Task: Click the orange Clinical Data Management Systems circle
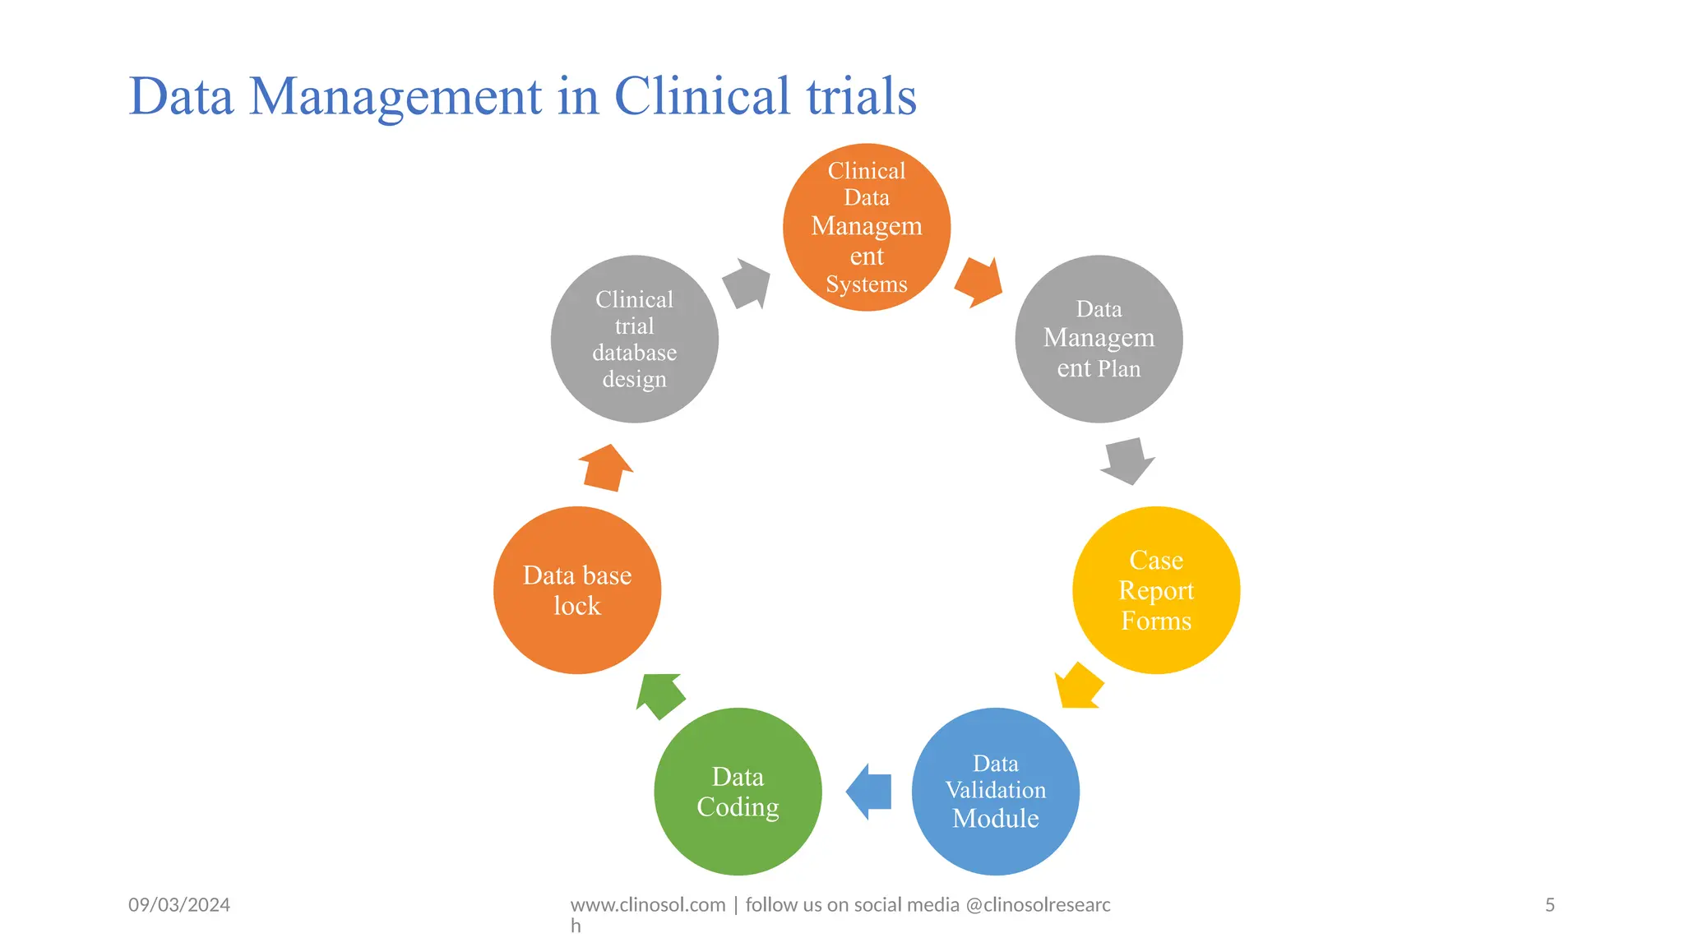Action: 866,227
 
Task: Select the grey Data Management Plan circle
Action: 1099,339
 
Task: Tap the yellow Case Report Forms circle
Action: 1156,590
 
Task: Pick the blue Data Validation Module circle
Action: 995,791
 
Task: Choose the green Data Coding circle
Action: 738,791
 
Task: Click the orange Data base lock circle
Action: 577,590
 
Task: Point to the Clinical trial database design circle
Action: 634,339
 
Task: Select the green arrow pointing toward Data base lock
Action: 660,695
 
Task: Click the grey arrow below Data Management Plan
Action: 1127,460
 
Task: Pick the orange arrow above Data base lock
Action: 606,468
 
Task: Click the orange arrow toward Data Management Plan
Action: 979,282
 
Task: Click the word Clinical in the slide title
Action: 701,96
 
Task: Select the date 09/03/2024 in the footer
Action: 179,905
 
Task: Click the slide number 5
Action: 1549,905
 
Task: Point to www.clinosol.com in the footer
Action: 647,905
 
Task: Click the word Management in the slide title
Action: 396,96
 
